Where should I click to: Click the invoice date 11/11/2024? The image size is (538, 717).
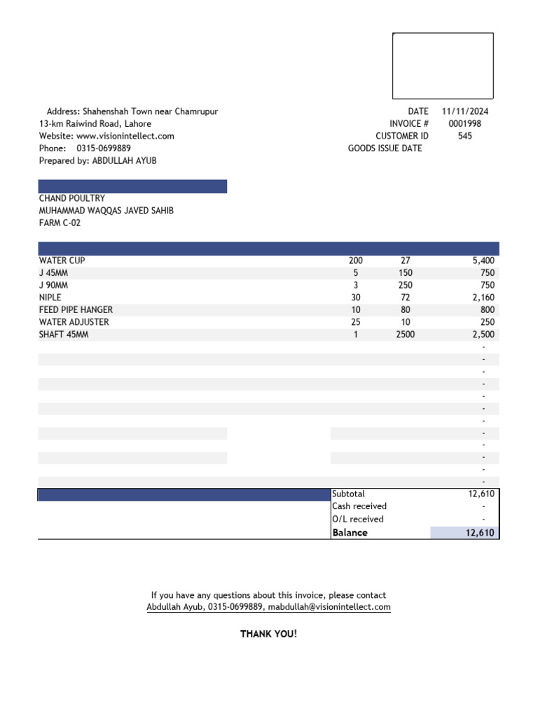point(465,111)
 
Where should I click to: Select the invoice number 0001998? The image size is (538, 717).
point(465,124)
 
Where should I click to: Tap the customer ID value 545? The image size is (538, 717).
point(465,136)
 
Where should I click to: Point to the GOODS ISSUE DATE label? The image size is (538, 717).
point(385,148)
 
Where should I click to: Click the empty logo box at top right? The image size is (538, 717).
point(443,66)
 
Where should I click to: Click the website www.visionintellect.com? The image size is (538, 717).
point(125,136)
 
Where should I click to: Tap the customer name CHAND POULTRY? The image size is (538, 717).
point(72,198)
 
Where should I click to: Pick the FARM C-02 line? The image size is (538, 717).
point(60,223)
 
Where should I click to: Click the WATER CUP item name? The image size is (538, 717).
point(62,260)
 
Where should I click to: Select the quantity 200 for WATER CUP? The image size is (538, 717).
point(356,260)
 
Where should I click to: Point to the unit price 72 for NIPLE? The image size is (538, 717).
point(406,298)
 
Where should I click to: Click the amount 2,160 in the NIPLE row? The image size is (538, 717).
point(483,298)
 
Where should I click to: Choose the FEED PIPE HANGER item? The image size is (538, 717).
point(76,309)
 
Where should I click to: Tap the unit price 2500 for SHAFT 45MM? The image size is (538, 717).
point(406,335)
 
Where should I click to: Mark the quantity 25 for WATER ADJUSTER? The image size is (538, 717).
point(356,322)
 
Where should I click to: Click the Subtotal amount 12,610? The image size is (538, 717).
point(481,494)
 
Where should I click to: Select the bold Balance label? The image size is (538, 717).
point(350,533)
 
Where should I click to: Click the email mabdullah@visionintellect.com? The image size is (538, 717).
point(329,607)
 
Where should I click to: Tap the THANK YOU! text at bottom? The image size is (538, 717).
point(269,634)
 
